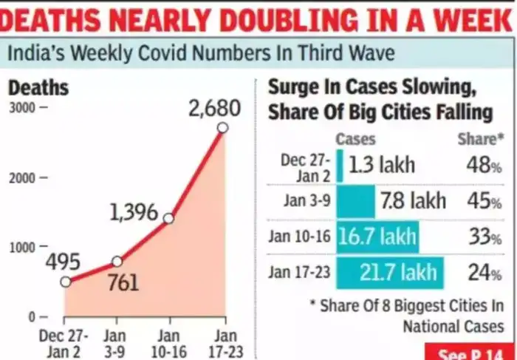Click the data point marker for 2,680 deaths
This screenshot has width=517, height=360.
222,128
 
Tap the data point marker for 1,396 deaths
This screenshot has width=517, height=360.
168,218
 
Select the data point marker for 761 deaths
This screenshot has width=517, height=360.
117,261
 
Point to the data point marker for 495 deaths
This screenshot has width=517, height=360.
66,281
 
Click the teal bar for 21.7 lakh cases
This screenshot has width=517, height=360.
391,273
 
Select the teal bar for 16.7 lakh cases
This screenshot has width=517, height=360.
377,237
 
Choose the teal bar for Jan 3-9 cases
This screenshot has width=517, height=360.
355,200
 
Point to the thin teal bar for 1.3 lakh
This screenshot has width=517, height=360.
340,165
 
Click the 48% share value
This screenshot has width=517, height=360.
485,165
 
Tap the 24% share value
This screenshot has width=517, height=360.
485,273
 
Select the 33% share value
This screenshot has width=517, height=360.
485,237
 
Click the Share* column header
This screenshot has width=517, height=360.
476,139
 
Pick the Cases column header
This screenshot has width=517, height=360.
356,139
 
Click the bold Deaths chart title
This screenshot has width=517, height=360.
38,87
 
